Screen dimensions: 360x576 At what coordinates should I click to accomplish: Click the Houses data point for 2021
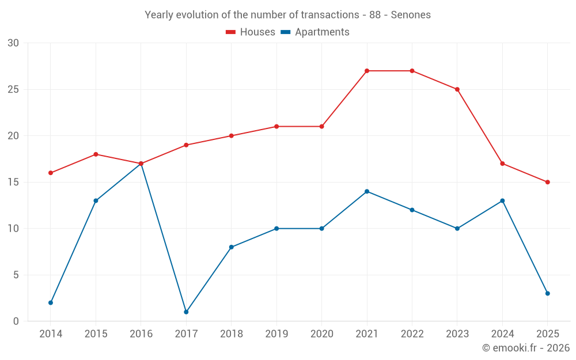pyautogui.click(x=367, y=71)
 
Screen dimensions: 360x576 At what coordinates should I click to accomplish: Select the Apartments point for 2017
pyautogui.click(x=186, y=312)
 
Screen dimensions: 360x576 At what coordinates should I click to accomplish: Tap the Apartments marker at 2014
pyautogui.click(x=51, y=302)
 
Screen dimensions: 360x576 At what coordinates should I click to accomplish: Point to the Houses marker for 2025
pyautogui.click(x=548, y=182)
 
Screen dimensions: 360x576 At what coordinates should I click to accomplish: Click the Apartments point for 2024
pyautogui.click(x=502, y=200)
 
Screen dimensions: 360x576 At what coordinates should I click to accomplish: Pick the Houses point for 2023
pyautogui.click(x=457, y=89)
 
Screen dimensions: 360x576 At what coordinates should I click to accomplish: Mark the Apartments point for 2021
pyautogui.click(x=367, y=191)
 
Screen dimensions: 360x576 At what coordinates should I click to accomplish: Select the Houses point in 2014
pyautogui.click(x=51, y=173)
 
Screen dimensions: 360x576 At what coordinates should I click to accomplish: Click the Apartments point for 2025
pyautogui.click(x=548, y=293)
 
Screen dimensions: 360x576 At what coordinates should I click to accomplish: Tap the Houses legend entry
pyautogui.click(x=251, y=32)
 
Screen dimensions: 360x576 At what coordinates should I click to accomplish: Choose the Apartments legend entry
pyautogui.click(x=315, y=32)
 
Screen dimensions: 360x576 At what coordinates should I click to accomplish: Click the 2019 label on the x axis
pyautogui.click(x=276, y=334)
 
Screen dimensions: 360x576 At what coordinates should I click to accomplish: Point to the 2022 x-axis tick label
pyautogui.click(x=412, y=334)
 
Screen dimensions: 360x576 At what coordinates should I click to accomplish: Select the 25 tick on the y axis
pyautogui.click(x=13, y=89)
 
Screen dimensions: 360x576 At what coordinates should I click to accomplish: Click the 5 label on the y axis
pyautogui.click(x=16, y=275)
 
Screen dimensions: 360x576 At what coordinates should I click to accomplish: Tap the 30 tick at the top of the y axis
pyautogui.click(x=13, y=43)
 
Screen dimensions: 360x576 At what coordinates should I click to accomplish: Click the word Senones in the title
pyautogui.click(x=411, y=15)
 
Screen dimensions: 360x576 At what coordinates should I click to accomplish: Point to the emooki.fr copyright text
pyautogui.click(x=525, y=348)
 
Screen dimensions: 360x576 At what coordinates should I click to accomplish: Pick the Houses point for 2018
pyautogui.click(x=231, y=136)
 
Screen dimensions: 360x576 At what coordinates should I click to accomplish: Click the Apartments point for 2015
pyautogui.click(x=96, y=200)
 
